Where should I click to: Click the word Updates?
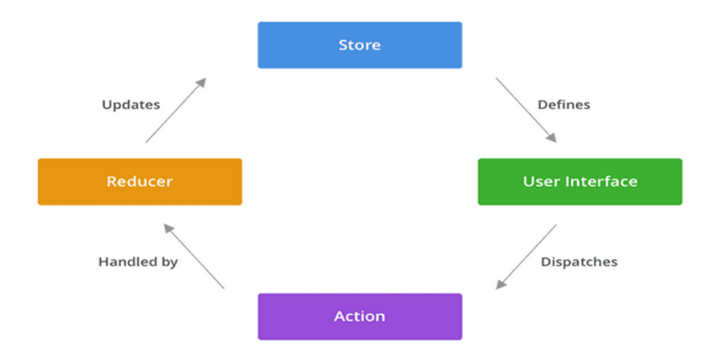(x=130, y=105)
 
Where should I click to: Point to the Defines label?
(x=564, y=105)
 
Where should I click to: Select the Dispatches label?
(x=579, y=262)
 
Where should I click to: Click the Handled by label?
(x=138, y=262)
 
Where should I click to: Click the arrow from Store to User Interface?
(x=526, y=110)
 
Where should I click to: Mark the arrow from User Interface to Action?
(x=526, y=256)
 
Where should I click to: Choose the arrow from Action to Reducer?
(x=194, y=256)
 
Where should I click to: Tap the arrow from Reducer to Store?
(x=176, y=110)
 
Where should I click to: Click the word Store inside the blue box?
(x=359, y=45)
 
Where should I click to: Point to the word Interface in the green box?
(x=603, y=181)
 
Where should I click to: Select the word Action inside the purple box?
(x=359, y=317)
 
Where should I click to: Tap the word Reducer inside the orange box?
(x=140, y=181)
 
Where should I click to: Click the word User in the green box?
(x=539, y=181)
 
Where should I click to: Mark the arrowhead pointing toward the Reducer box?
(x=168, y=228)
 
